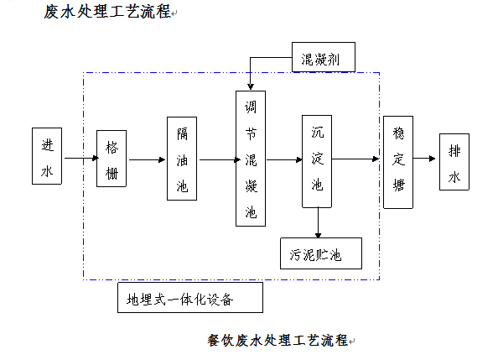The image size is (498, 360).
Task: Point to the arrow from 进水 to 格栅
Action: [x=81, y=158]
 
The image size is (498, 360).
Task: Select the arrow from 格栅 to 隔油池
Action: [x=148, y=159]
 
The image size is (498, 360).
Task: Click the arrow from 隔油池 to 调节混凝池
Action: [x=220, y=159]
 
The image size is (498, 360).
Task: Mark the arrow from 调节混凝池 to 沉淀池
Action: [x=284, y=159]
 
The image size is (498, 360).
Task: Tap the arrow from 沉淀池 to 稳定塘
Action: [x=355, y=159]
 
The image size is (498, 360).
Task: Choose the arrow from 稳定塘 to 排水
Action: [x=424, y=159]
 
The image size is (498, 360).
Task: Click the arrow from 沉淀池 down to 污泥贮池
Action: [x=318, y=222]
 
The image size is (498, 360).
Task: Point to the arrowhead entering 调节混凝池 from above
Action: [x=251, y=86]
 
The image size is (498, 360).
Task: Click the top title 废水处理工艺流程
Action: [x=107, y=12]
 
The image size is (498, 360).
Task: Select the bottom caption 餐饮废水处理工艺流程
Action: [x=278, y=341]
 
